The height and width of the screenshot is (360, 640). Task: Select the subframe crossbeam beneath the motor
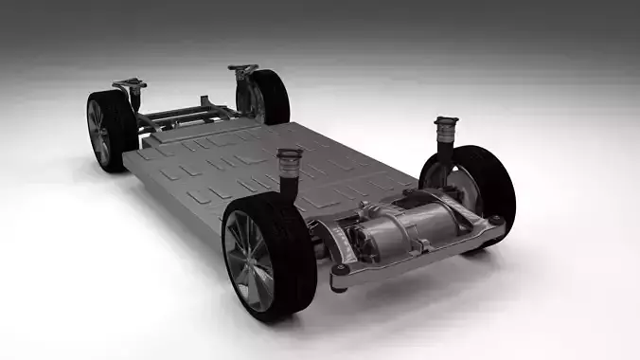(x=407, y=260)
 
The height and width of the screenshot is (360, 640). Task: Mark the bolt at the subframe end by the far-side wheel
(x=495, y=223)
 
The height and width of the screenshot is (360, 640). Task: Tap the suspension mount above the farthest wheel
(x=242, y=70)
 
